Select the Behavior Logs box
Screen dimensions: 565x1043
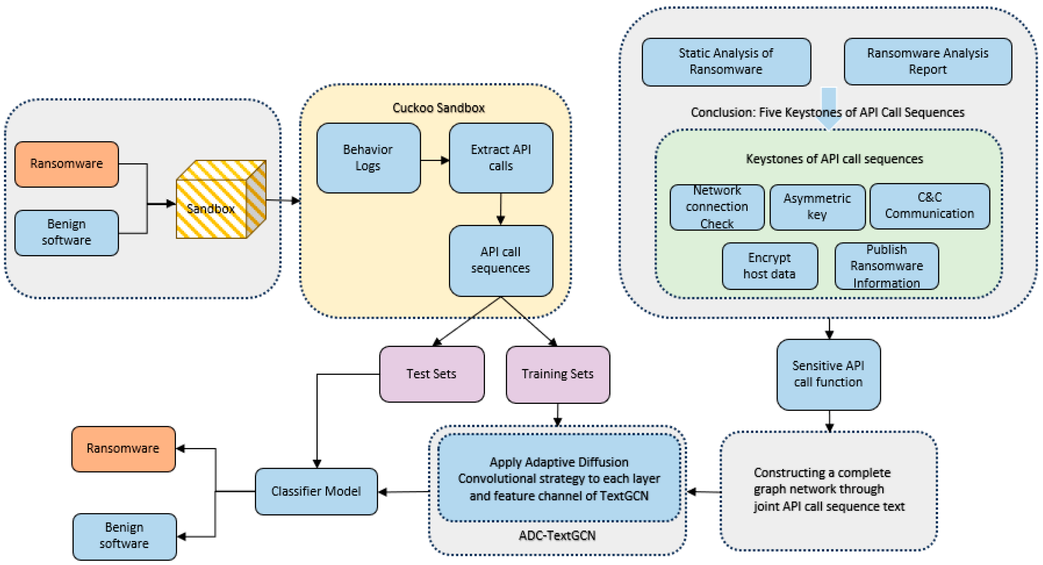(x=368, y=158)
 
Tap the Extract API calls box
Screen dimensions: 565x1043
(x=501, y=158)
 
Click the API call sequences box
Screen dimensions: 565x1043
(x=501, y=260)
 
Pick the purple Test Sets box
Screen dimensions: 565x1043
(x=432, y=374)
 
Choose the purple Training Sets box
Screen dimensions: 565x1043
(x=557, y=374)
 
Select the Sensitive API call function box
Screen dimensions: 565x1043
(x=828, y=374)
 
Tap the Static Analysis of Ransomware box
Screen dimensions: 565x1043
(x=726, y=61)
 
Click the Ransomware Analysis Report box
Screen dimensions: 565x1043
(x=927, y=61)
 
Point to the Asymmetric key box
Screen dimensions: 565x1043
(x=817, y=207)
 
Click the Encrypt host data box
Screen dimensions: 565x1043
(x=769, y=266)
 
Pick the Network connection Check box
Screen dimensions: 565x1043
(x=717, y=207)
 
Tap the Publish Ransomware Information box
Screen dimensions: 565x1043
(x=886, y=266)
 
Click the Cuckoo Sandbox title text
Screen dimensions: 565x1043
(x=439, y=108)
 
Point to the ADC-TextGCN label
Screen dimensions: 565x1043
(x=557, y=535)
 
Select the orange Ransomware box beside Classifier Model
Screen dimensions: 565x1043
(x=123, y=449)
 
